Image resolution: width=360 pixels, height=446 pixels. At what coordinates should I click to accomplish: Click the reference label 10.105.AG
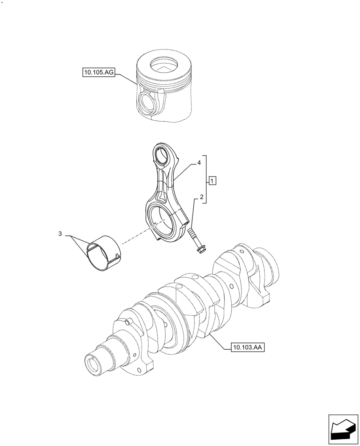click(98, 72)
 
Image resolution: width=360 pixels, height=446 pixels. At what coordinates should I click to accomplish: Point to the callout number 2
click(201, 197)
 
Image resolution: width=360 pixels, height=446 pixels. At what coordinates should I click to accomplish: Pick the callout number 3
click(60, 234)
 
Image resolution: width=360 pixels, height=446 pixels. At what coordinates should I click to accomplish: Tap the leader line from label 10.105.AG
click(126, 78)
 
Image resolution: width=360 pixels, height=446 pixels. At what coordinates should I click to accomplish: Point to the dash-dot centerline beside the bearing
click(134, 237)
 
